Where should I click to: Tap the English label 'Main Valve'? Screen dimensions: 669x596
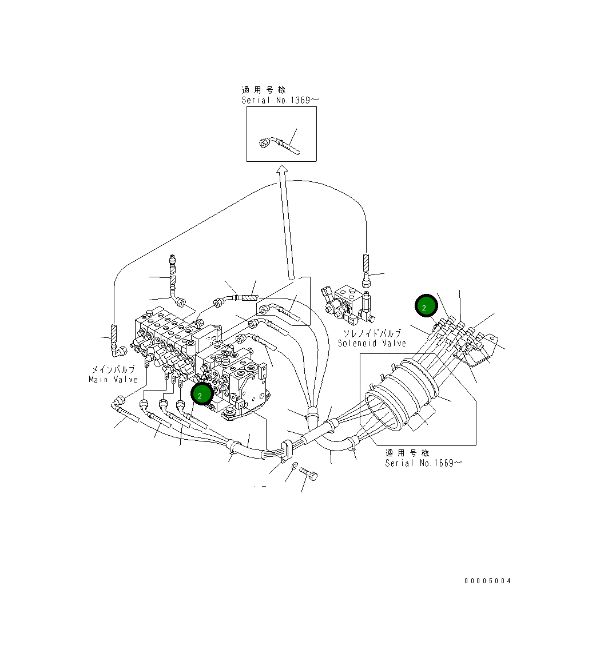point(113,379)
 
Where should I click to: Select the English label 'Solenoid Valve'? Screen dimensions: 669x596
point(372,343)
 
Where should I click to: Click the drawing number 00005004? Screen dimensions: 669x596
point(487,581)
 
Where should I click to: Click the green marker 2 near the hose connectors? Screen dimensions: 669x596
point(424,306)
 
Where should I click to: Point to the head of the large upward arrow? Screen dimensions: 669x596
point(281,170)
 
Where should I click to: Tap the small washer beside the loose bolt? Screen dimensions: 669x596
point(294,467)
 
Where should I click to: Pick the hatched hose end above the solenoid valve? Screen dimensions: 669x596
point(366,265)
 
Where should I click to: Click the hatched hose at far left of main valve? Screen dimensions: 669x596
point(114,334)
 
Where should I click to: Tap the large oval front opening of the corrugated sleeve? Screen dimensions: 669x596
point(382,409)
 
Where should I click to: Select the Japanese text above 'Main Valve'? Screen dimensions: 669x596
point(113,370)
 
